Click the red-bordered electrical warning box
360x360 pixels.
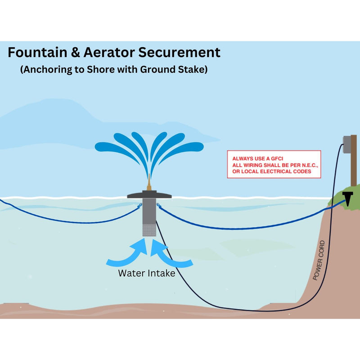(274, 165)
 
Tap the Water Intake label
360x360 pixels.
(146, 273)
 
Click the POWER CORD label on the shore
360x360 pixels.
(319, 261)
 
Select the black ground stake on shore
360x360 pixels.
(348, 196)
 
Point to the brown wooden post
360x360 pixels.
(354, 162)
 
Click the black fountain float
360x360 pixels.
(148, 195)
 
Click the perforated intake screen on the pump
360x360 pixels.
(148, 230)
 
